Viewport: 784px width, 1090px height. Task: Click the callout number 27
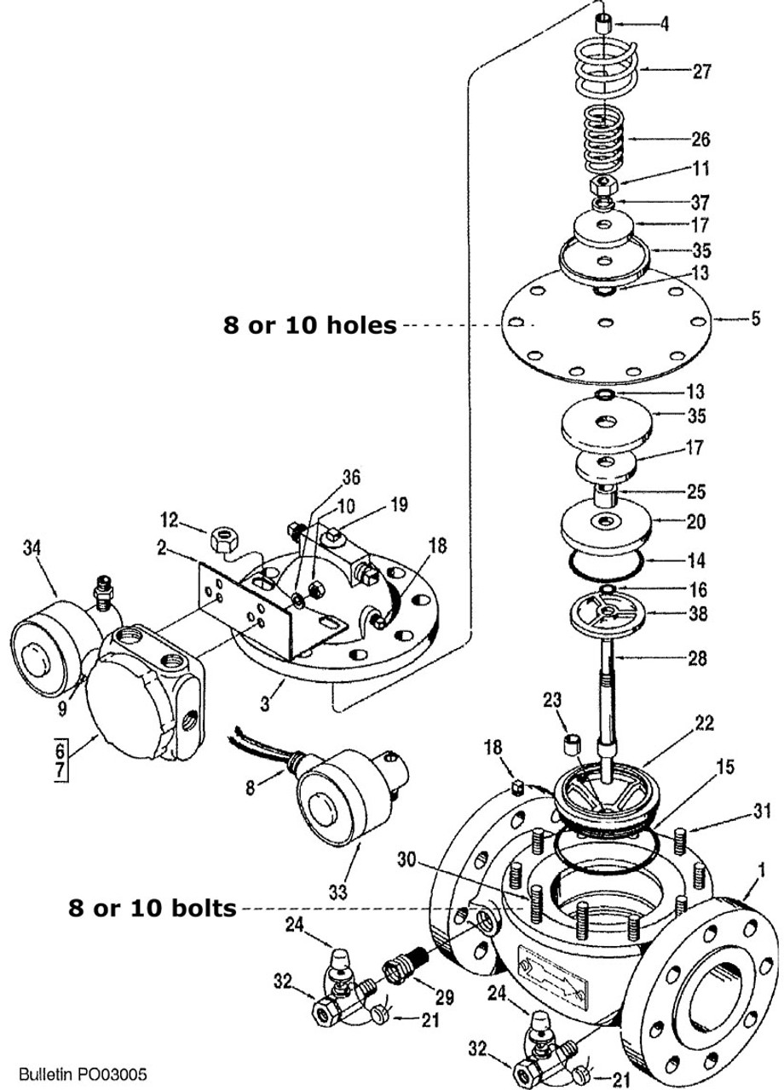coord(701,72)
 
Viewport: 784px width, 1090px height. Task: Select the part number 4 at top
coord(664,23)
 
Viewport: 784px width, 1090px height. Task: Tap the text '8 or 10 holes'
coord(309,325)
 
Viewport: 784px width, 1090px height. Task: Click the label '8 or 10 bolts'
coord(153,909)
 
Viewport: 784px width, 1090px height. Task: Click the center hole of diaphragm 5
coord(604,322)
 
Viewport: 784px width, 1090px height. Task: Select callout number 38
coord(696,613)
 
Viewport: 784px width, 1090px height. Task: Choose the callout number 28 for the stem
coord(696,658)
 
